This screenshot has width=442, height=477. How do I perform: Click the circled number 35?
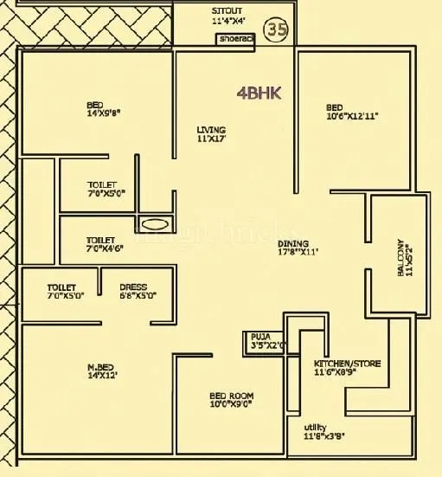(277, 29)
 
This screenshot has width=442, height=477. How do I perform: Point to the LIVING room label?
(211, 130)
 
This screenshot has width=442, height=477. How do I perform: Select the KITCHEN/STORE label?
(347, 364)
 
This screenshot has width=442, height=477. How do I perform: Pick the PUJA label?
(260, 336)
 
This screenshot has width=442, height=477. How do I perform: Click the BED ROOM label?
(231, 396)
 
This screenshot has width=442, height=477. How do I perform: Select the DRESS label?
(133, 287)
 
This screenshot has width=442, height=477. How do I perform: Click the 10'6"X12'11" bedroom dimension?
(352, 114)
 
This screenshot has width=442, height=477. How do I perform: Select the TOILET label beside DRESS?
(61, 287)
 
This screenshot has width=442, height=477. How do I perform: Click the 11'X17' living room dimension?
(212, 139)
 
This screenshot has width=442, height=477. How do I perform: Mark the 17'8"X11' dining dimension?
(298, 254)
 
